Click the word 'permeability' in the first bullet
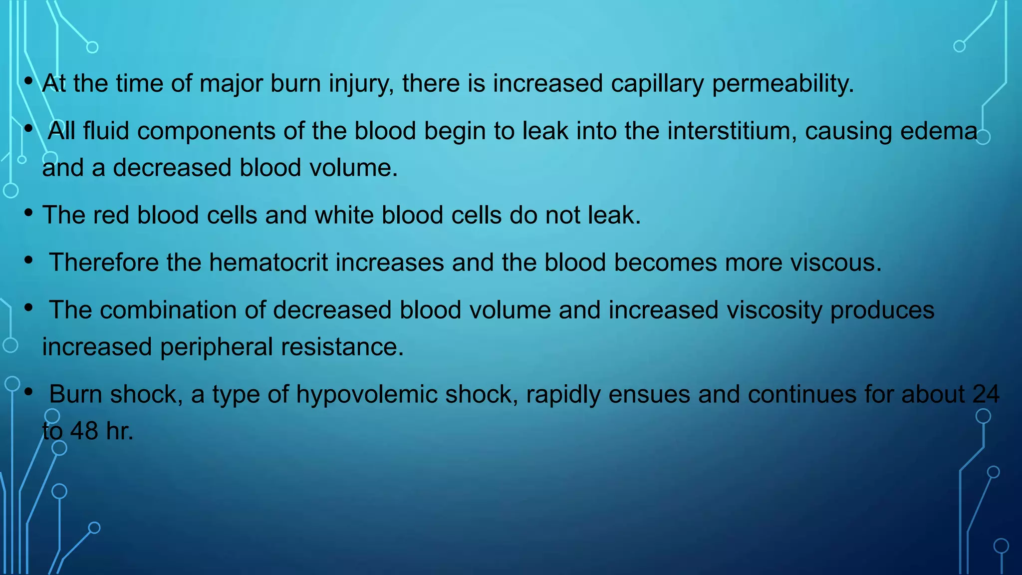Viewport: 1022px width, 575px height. (x=782, y=84)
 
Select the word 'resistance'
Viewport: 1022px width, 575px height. (x=342, y=347)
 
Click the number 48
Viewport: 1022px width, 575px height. (x=84, y=431)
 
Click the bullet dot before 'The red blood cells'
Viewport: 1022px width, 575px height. (x=28, y=213)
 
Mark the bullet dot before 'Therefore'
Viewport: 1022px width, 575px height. (x=28, y=261)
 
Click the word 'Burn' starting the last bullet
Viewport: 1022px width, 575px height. (x=76, y=394)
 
